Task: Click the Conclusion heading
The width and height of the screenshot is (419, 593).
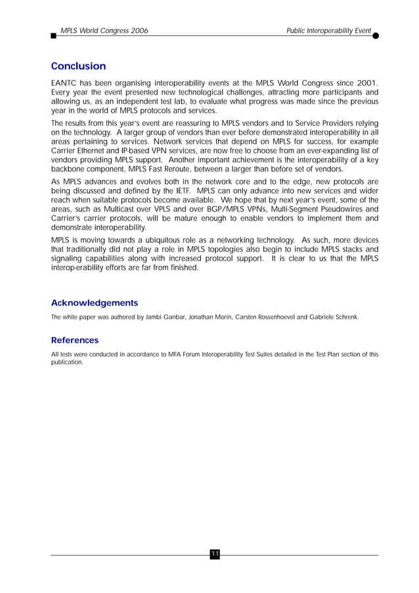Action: [x=78, y=66]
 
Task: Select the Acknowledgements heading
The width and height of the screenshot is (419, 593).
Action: [x=95, y=303]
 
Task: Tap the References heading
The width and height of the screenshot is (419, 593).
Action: [x=75, y=340]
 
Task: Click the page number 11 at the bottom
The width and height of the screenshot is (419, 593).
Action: [x=215, y=555]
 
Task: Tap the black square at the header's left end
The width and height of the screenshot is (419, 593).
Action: [x=53, y=36]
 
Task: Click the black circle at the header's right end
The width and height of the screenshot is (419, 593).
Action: [x=376, y=35]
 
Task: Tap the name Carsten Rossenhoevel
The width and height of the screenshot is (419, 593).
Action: [x=264, y=317]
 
